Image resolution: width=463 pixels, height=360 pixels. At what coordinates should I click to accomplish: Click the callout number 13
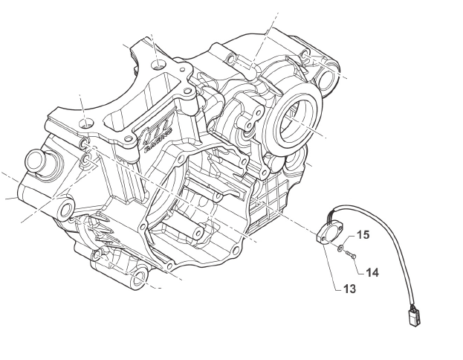[x=349, y=289]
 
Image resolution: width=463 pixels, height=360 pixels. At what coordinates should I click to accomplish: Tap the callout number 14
[x=372, y=272]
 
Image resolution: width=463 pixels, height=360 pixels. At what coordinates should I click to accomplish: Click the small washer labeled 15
[x=340, y=248]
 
